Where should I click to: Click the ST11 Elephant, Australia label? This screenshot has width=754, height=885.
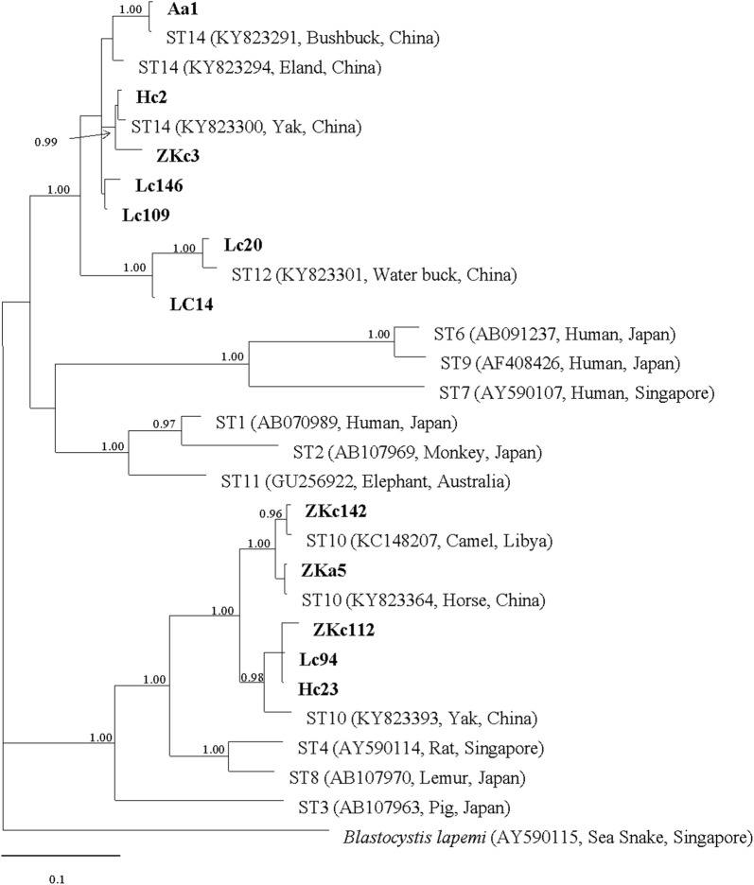click(x=365, y=481)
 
